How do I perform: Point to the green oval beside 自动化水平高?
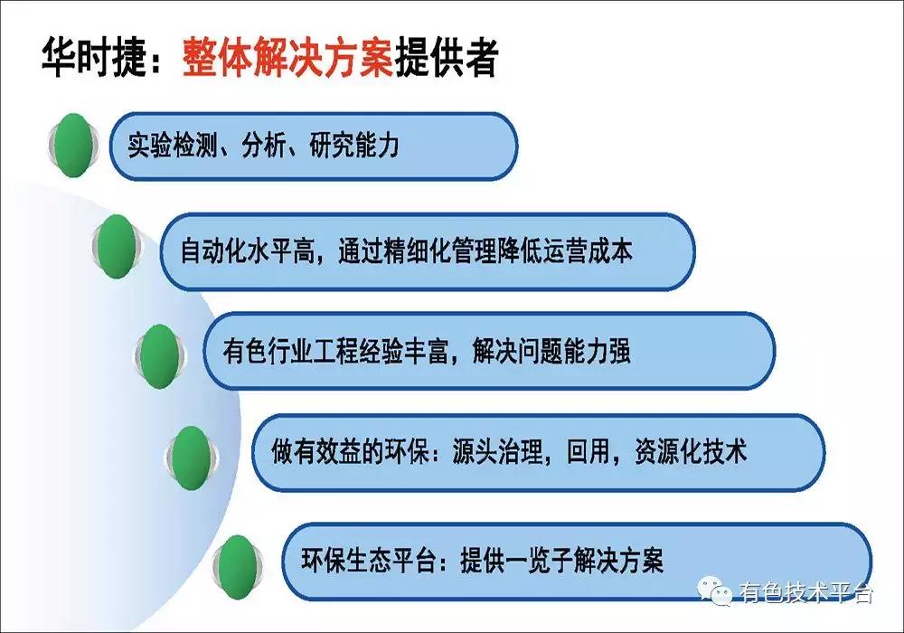pyautogui.click(x=116, y=247)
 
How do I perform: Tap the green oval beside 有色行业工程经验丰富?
pyautogui.click(x=160, y=351)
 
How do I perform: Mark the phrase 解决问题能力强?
pyautogui.click(x=551, y=352)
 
